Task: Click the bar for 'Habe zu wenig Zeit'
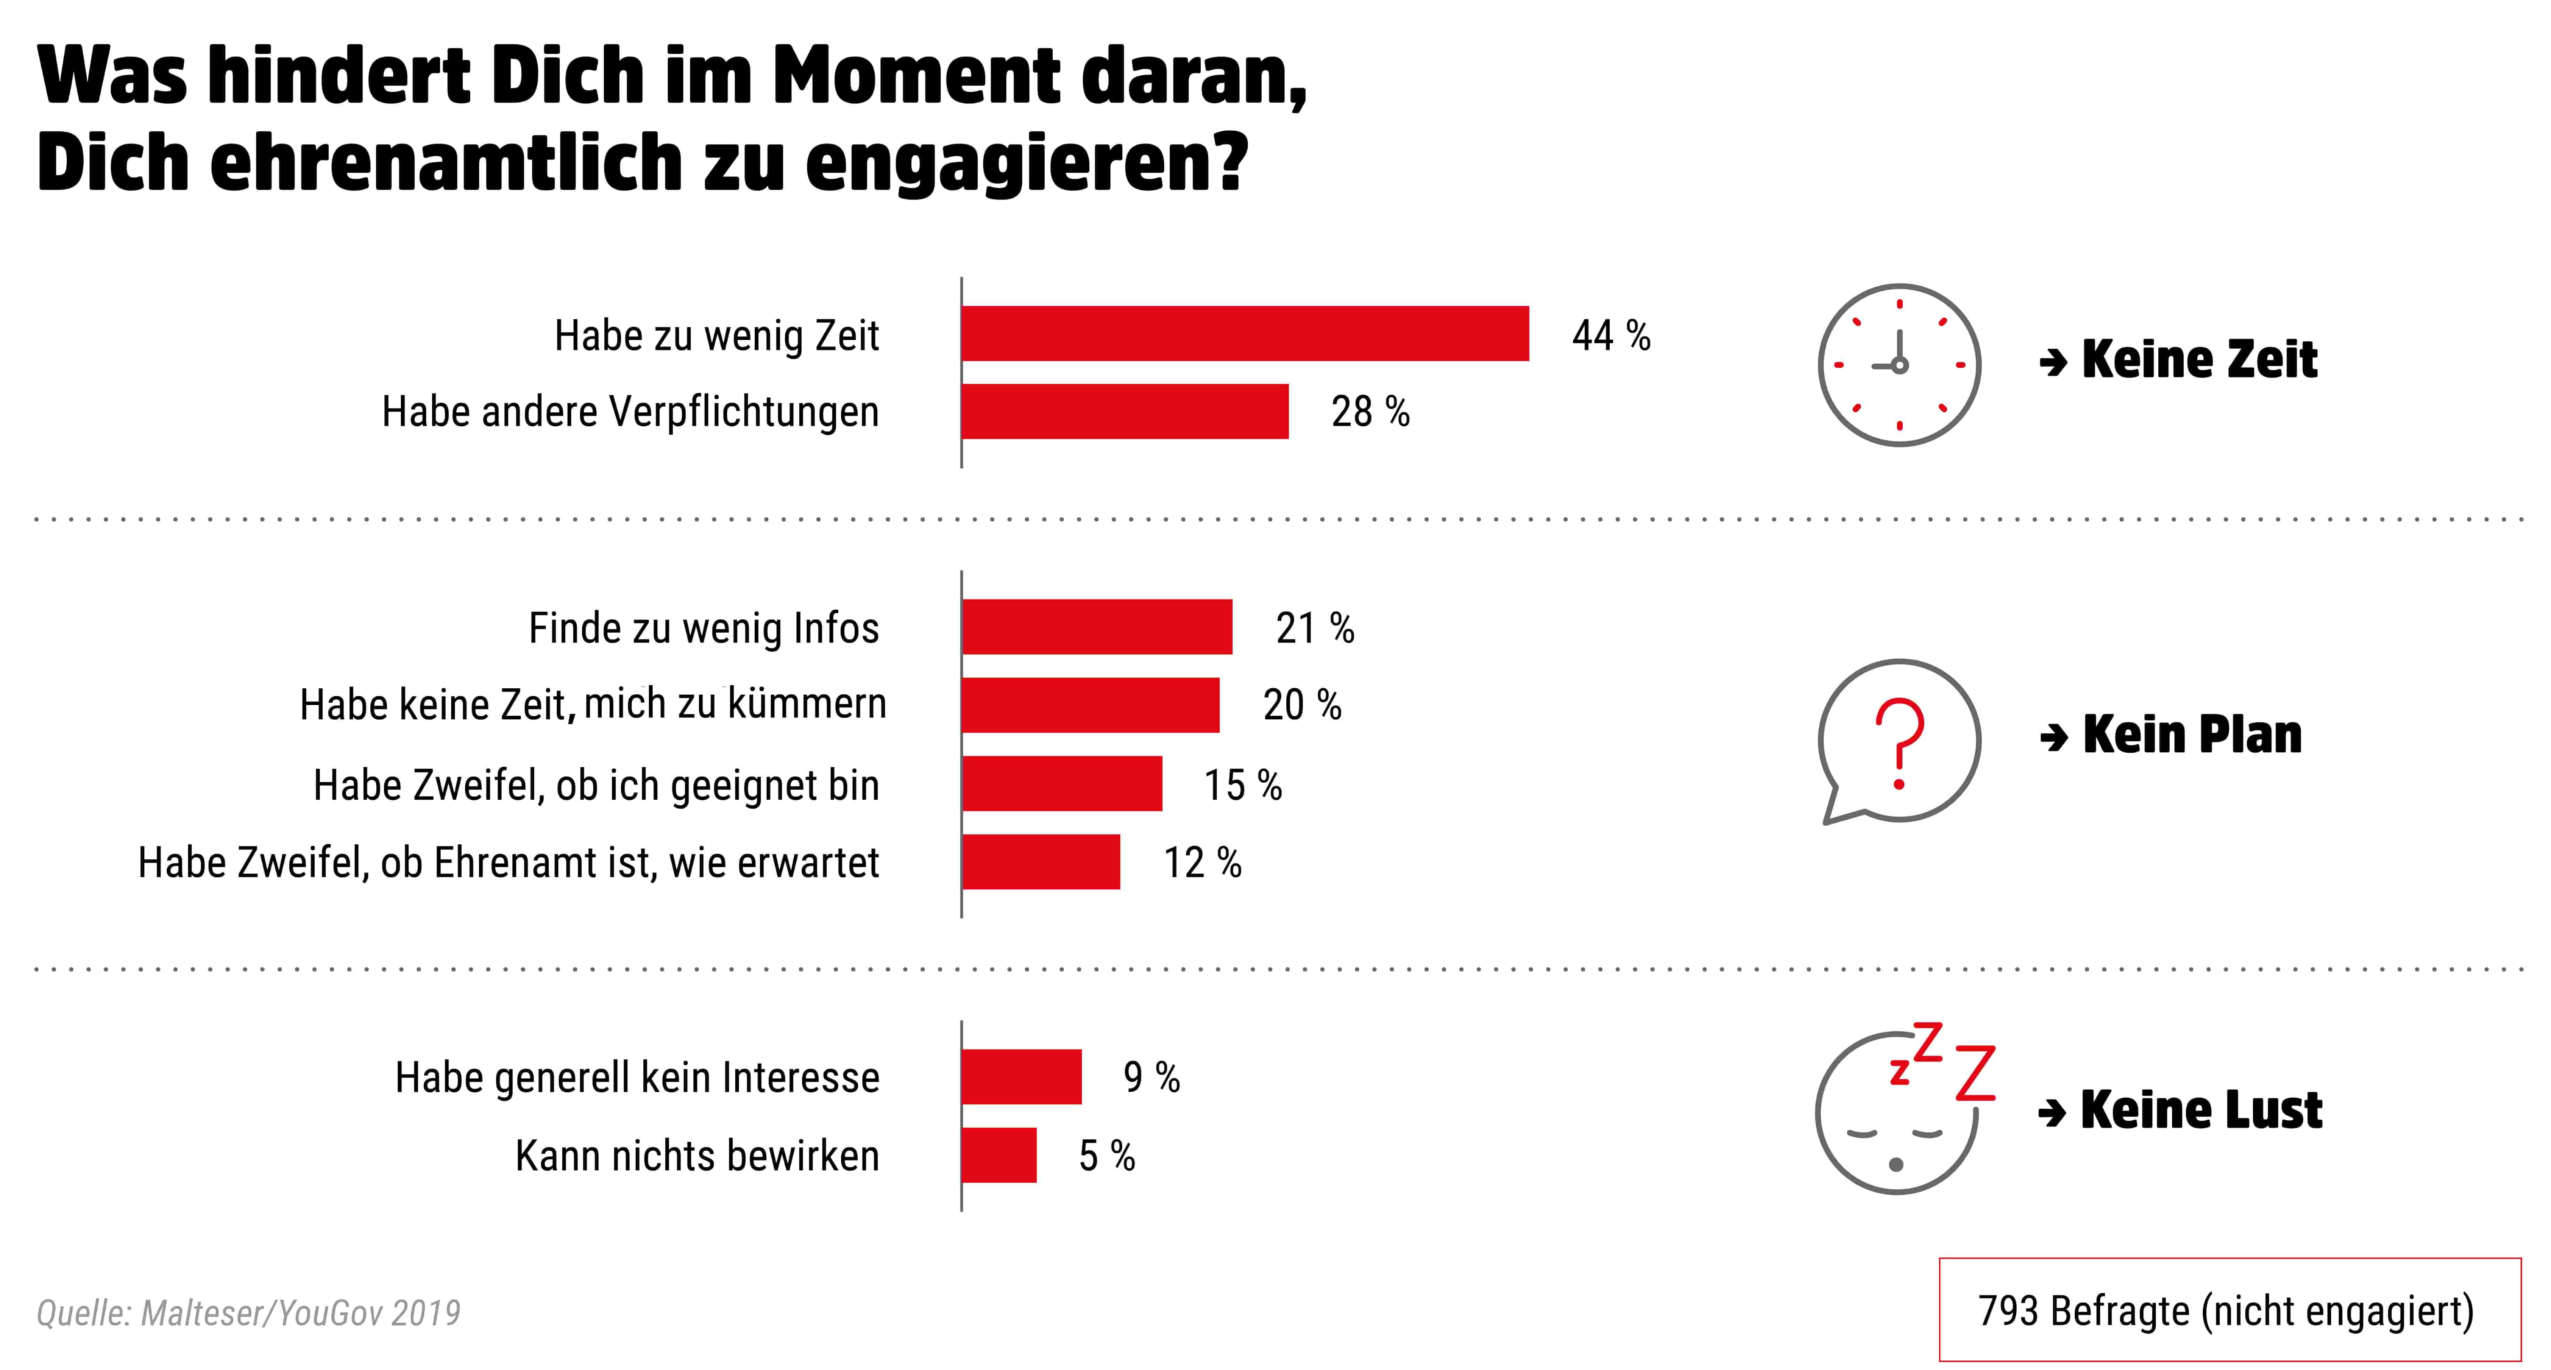tap(1245, 334)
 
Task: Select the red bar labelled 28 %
tap(1125, 411)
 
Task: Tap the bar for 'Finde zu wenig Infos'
tap(1097, 627)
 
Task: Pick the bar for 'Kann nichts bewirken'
tap(999, 1155)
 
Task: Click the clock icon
tap(1898, 365)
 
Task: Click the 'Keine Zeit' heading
tap(2198, 358)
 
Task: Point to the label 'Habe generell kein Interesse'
tap(637, 1078)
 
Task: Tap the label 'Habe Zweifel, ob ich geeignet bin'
tap(596, 785)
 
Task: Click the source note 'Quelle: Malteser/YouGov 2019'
tap(249, 1313)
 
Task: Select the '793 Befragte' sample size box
tap(2229, 1310)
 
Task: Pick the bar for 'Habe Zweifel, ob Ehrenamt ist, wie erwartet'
tap(1041, 862)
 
